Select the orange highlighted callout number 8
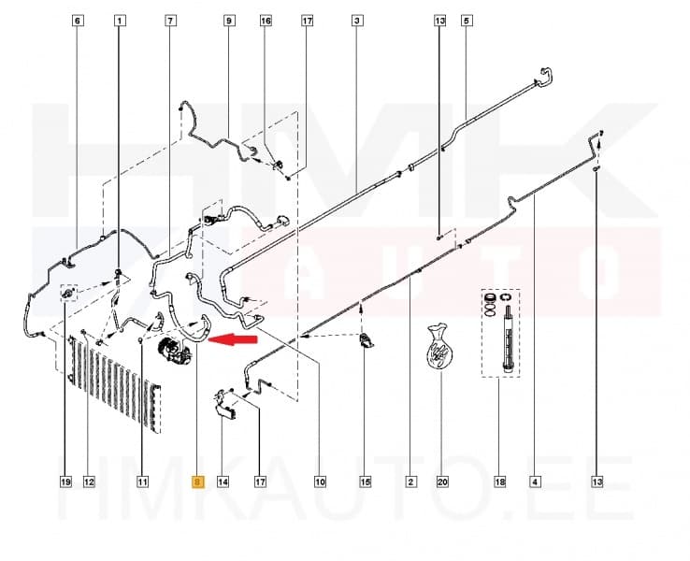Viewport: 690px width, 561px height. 196,482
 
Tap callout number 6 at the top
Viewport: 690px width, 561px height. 77,20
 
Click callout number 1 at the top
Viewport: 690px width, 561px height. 119,20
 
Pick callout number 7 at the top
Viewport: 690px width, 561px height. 169,20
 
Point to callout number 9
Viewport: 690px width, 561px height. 228,20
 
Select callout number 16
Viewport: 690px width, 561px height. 266,20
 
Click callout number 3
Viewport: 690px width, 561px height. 357,20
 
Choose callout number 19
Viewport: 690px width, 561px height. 65,482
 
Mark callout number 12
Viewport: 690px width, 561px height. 90,482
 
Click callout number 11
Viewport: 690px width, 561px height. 142,482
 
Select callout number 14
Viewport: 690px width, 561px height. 223,482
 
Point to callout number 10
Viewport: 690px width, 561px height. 319,482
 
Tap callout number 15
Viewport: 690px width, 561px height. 365,482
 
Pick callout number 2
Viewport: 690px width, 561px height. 410,482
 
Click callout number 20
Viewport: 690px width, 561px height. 441,482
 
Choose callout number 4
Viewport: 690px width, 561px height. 534,482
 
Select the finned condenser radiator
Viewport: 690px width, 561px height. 114,382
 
